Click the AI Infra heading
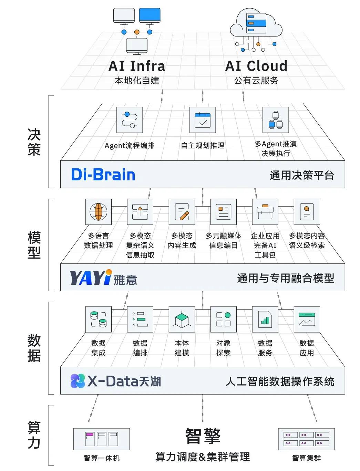[x=137, y=66]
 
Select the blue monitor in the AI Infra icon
[x=150, y=15]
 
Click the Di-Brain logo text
[x=103, y=175]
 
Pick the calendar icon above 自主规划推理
[x=203, y=120]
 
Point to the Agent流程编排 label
[x=130, y=146]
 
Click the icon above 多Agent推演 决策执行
[x=275, y=120]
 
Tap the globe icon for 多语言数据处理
[x=98, y=212]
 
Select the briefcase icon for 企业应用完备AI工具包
[x=265, y=212]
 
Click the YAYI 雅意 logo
[x=103, y=278]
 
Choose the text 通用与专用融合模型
[x=285, y=278]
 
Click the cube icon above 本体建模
[x=182, y=319]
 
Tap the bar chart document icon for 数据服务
[x=265, y=319]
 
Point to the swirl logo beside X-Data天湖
[x=78, y=381]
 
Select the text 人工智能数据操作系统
[x=280, y=381]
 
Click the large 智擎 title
[x=203, y=436]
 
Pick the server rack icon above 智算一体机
[x=101, y=439]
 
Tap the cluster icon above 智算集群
[x=306, y=439]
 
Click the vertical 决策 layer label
[x=34, y=142]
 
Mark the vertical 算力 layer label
[x=34, y=435]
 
